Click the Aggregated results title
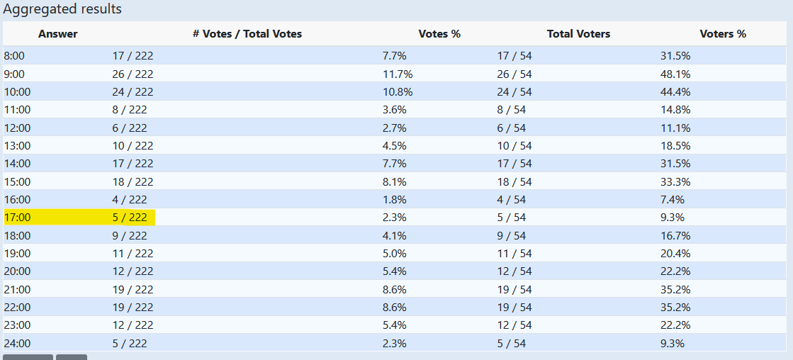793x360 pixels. (62, 9)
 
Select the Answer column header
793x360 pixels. (58, 34)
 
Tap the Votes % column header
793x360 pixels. (439, 34)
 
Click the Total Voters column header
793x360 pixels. (578, 34)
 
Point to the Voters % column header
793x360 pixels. (723, 34)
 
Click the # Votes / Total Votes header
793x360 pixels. (247, 34)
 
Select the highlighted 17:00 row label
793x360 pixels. (17, 218)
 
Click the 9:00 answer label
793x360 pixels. (14, 74)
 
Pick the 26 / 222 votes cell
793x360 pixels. (133, 74)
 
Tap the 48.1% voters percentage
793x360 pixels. (675, 74)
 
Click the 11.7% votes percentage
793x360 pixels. (398, 74)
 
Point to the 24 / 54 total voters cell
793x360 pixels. (514, 92)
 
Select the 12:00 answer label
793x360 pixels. (17, 128)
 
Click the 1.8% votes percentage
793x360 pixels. (395, 200)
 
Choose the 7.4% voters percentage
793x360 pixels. (673, 200)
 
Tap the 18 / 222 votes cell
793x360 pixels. (133, 182)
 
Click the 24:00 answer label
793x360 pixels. (17, 344)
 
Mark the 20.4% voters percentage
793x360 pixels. (675, 254)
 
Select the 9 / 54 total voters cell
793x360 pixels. (512, 236)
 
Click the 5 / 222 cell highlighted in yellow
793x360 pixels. (130, 218)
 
